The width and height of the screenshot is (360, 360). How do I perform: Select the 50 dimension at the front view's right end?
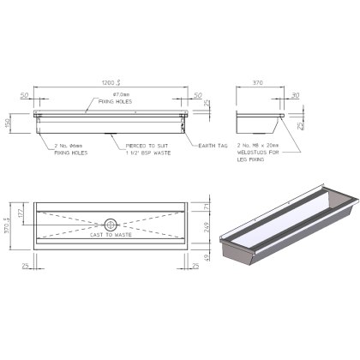[198, 96]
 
